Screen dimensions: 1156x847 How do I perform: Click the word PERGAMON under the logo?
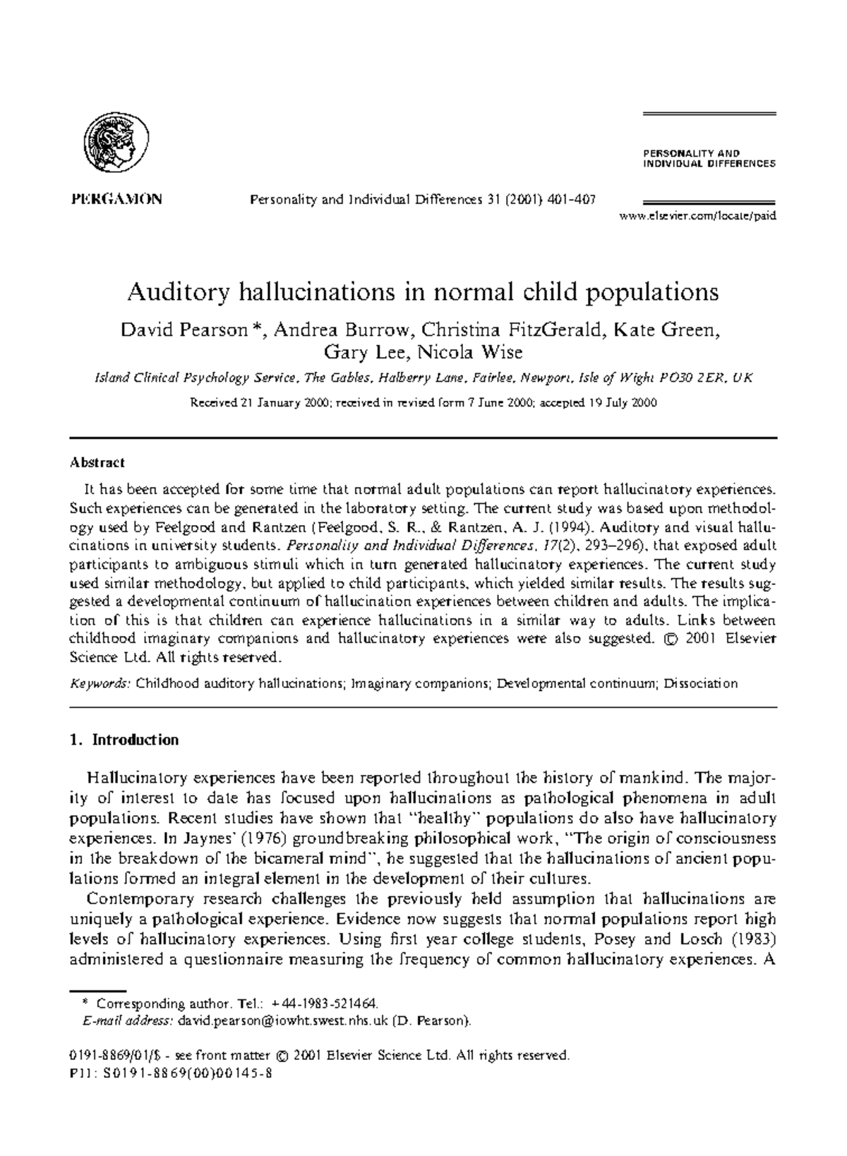coord(116,199)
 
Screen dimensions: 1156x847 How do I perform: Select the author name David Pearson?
coord(184,330)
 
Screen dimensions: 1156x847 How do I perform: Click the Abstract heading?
coord(97,463)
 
